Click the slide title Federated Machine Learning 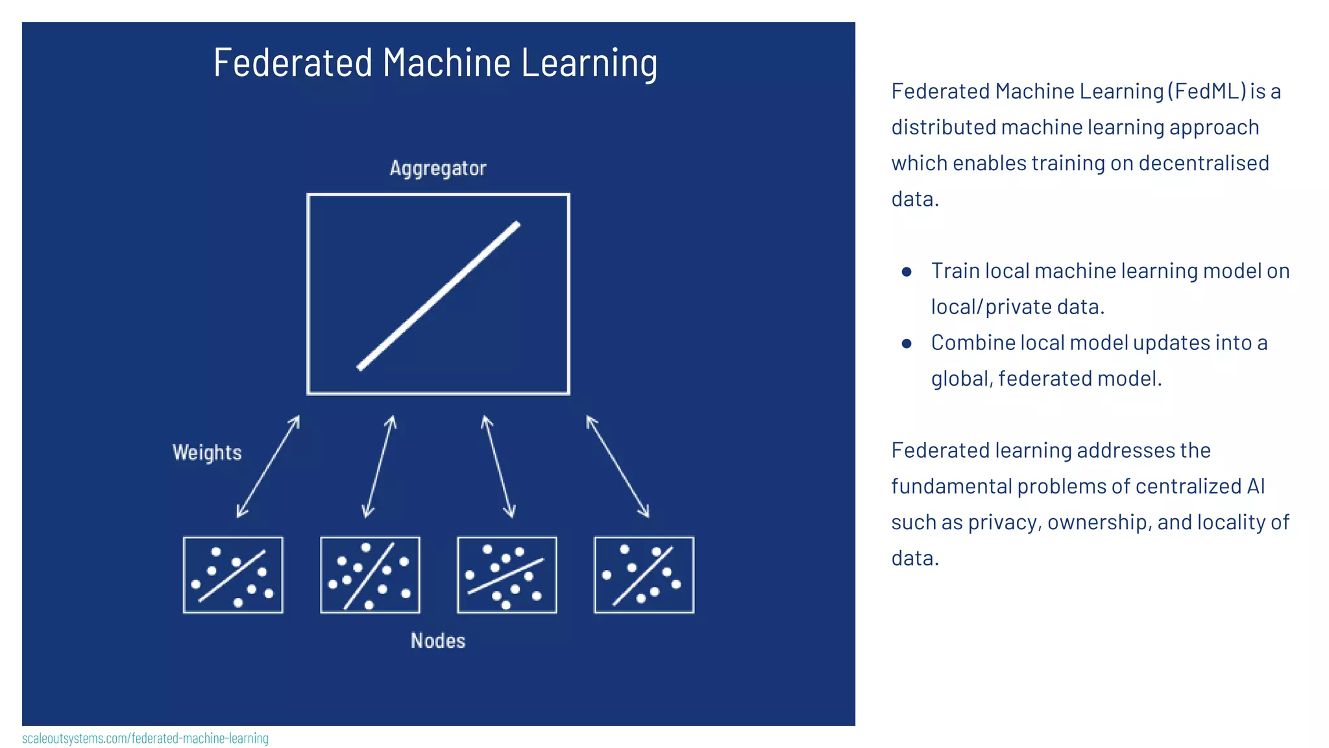(435, 63)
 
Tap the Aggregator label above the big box (438, 168)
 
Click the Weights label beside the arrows (207, 452)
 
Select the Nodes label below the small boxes (438, 641)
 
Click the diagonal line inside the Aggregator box (439, 296)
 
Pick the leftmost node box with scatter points (233, 575)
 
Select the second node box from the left (370, 575)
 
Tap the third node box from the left (507, 575)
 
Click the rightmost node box (644, 575)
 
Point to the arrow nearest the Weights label (268, 466)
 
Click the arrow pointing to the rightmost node (617, 466)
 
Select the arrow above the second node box (379, 466)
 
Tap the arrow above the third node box (498, 466)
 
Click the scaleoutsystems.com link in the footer (145, 738)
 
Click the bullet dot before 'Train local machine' (907, 271)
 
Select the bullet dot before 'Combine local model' (907, 343)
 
